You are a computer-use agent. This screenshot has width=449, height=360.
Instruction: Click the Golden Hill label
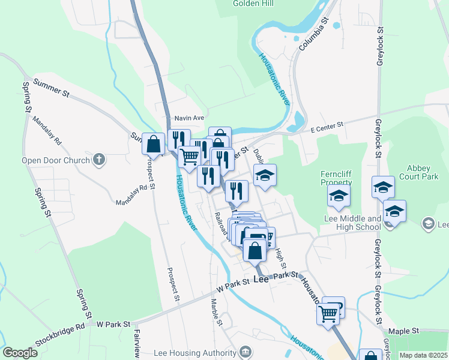point(253,4)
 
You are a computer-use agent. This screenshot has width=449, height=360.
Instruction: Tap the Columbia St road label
point(316,34)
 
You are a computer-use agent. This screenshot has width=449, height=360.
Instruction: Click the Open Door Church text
point(55,160)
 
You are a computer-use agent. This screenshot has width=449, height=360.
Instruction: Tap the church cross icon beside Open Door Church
point(100,160)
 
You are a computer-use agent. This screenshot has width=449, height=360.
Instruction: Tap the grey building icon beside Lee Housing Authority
point(244,352)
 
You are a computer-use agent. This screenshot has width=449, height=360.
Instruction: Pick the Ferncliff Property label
point(336,178)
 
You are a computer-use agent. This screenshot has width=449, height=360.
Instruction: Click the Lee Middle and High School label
point(352,223)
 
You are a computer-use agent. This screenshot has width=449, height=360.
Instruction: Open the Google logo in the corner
point(20,353)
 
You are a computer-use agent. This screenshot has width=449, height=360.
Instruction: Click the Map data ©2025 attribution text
point(423,355)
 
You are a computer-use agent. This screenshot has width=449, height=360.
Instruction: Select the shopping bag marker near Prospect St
point(154,145)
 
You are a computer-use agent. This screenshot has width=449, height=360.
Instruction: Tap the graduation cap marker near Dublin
point(265,176)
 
